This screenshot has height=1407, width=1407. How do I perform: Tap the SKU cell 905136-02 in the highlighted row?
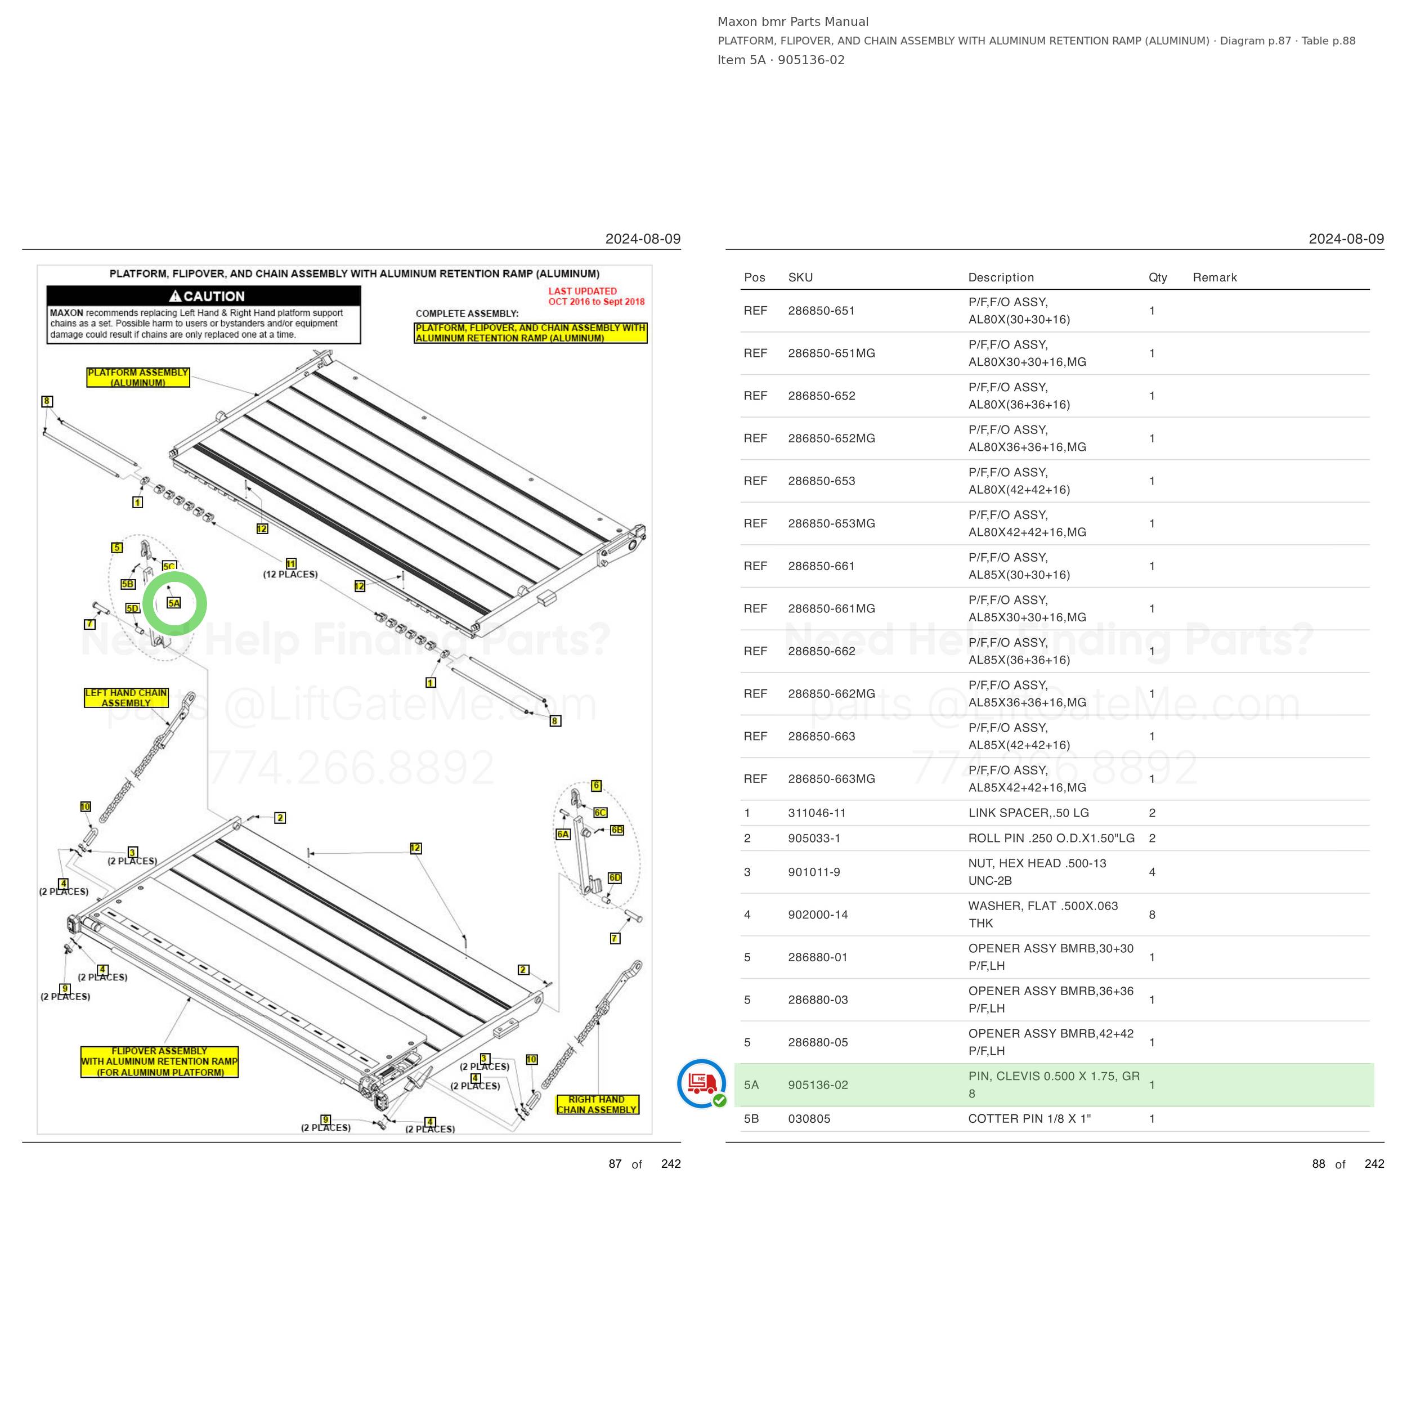point(818,1085)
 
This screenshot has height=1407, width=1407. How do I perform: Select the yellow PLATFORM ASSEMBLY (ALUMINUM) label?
point(138,377)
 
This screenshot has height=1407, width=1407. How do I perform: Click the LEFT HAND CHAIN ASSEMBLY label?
point(126,698)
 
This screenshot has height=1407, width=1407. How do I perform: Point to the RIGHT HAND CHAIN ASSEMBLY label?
point(597,1105)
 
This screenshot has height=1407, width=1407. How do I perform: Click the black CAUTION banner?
point(204,295)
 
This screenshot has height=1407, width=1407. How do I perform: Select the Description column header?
point(1001,277)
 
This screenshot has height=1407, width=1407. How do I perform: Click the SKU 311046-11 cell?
point(817,813)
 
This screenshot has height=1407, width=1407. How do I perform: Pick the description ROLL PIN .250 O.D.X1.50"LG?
point(1051,838)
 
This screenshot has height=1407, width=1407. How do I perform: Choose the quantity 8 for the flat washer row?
point(1152,915)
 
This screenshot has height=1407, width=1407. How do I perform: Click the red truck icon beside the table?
point(701,1083)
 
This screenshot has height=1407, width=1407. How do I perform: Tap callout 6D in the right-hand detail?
point(615,877)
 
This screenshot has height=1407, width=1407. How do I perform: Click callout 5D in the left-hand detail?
point(132,608)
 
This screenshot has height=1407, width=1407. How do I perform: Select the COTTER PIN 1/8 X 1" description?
point(1029,1119)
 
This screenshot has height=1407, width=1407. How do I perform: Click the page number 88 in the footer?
point(1318,1164)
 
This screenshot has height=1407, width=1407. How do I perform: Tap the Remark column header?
point(1215,277)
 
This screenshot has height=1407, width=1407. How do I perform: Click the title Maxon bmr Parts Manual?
point(793,22)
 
